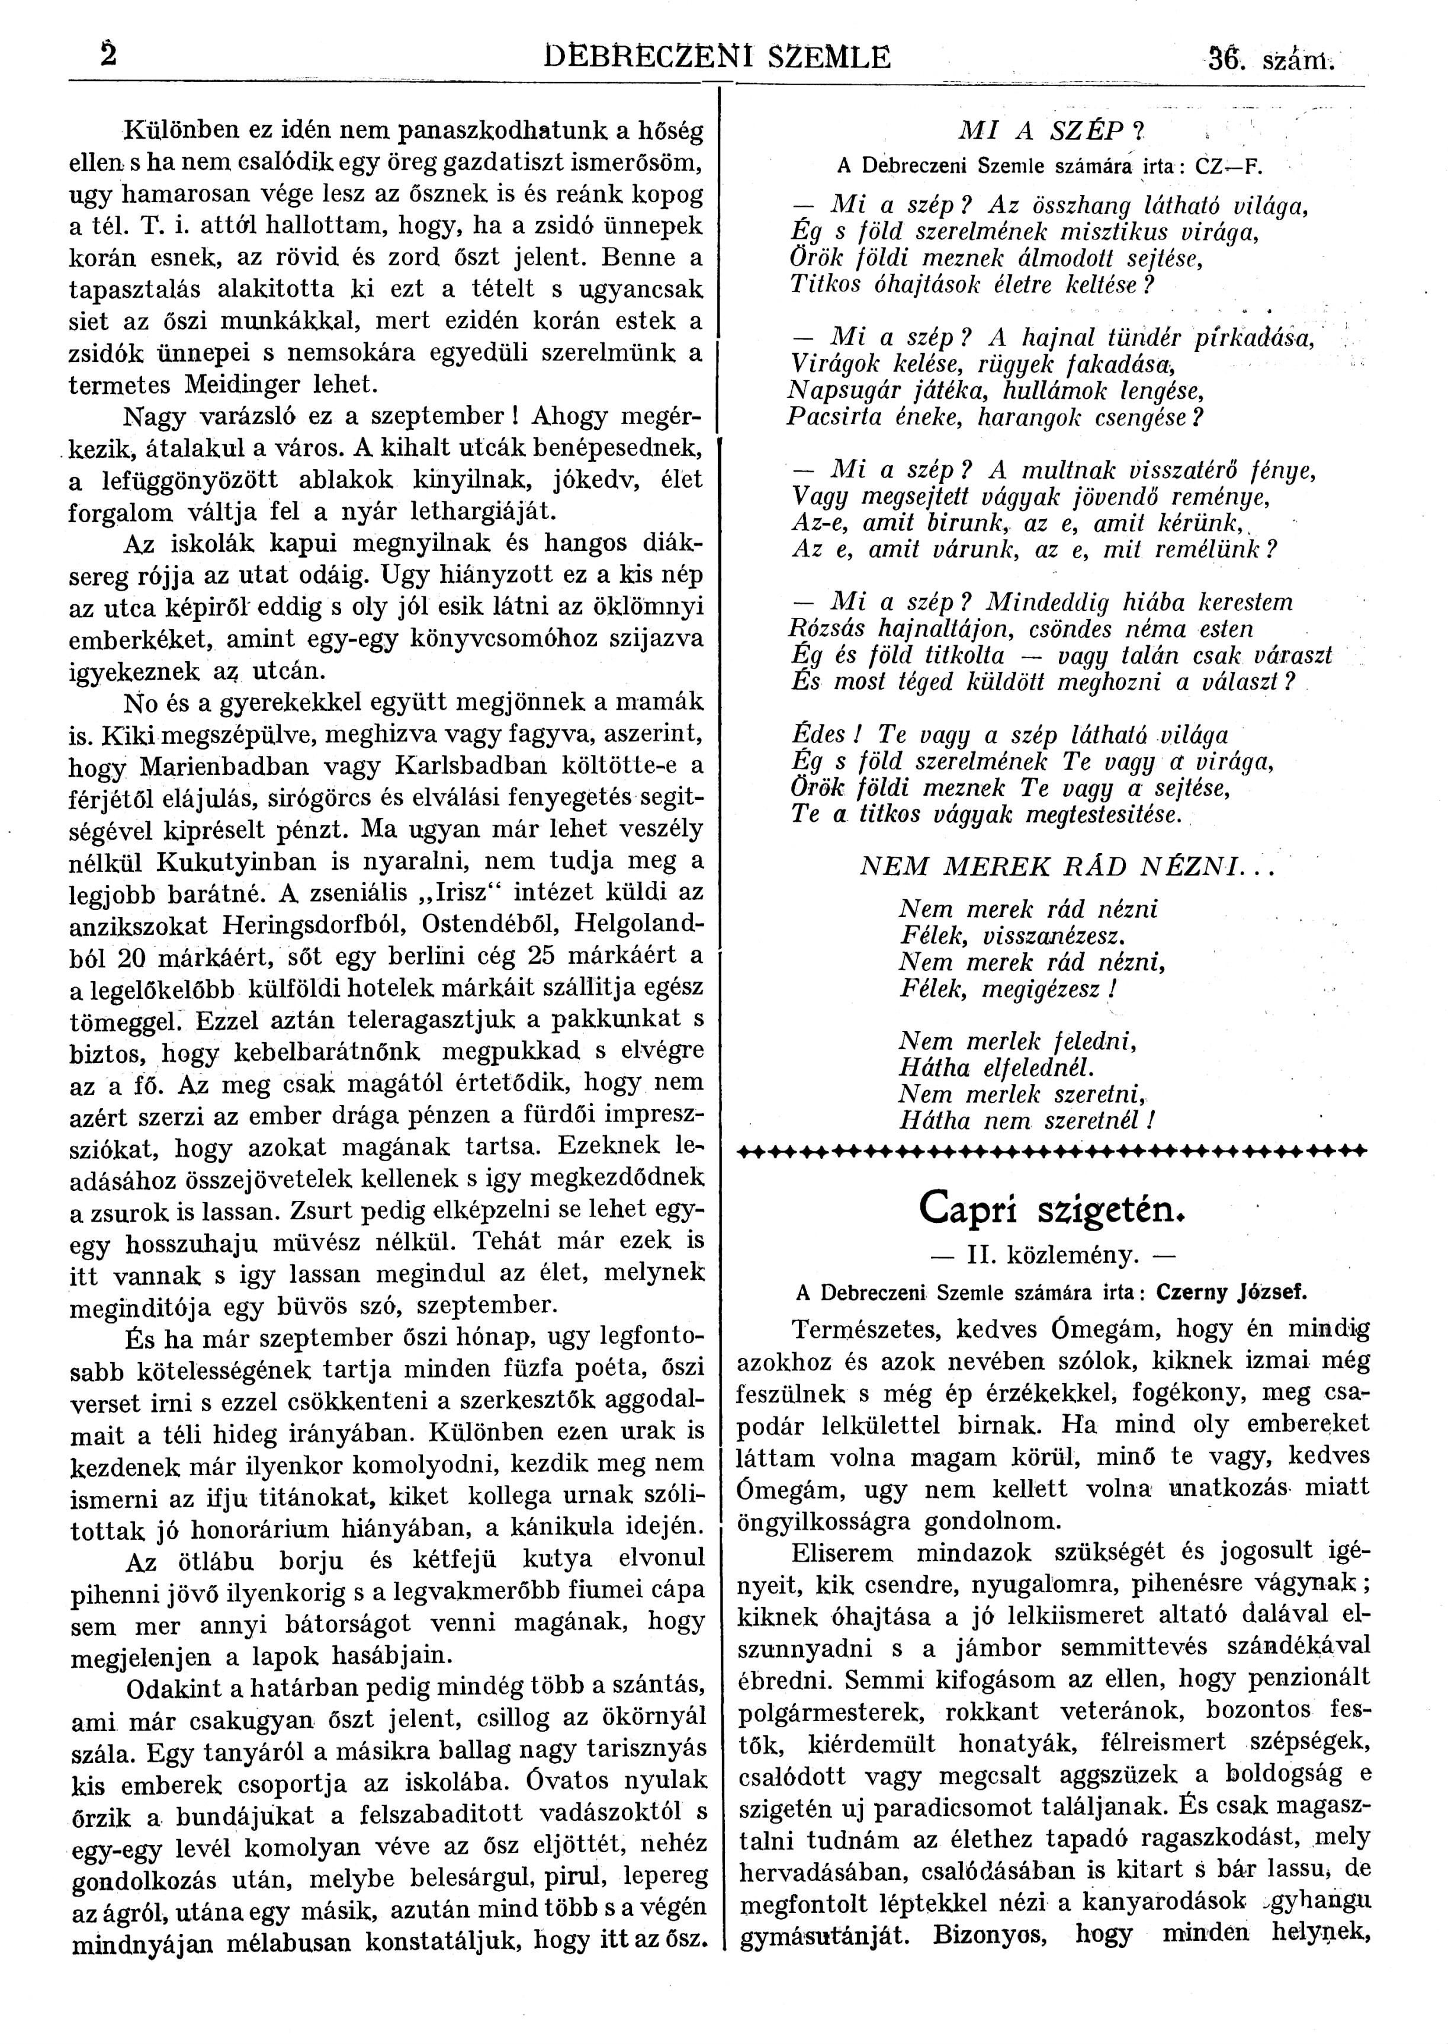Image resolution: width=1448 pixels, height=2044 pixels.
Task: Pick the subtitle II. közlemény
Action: pyautogui.click(x=1052, y=1255)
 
